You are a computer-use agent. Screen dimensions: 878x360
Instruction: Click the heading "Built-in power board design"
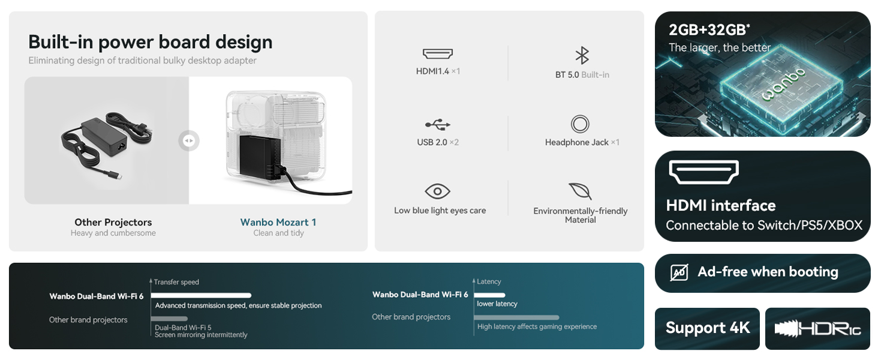tap(150, 42)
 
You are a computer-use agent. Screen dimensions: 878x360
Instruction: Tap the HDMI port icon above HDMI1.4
tap(438, 54)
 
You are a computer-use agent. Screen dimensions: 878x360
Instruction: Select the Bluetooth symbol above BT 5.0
tap(582, 56)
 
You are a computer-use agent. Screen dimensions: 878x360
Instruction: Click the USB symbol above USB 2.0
tap(438, 125)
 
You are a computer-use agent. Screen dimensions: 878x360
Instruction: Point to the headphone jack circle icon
tap(580, 124)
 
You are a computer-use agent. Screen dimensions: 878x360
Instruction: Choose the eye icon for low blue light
tap(437, 191)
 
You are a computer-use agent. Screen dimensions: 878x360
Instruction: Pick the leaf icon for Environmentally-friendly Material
tap(580, 191)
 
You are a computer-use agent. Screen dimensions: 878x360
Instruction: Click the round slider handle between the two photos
tap(188, 141)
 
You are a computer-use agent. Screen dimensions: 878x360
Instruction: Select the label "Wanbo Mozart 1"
tap(278, 222)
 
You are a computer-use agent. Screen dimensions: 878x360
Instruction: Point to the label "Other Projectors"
tap(113, 222)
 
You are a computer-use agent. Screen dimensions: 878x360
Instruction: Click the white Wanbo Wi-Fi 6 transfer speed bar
tap(201, 295)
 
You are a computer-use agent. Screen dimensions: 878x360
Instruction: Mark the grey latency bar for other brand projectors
tap(517, 317)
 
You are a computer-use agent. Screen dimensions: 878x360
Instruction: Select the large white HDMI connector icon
tap(703, 172)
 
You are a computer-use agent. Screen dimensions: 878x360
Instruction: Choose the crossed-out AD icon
tap(679, 272)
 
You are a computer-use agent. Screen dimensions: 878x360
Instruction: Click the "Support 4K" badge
tap(708, 328)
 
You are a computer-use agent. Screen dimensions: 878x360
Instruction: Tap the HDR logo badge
tap(818, 329)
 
